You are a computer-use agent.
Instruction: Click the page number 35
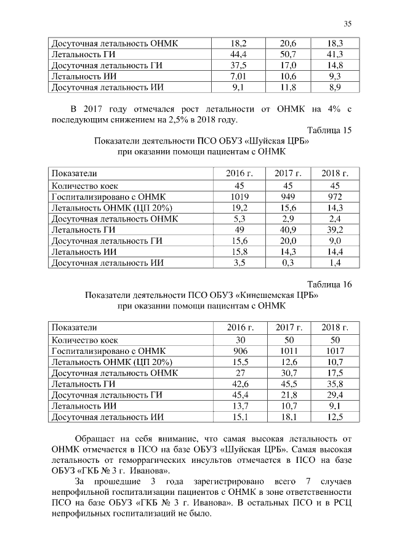tap(347, 24)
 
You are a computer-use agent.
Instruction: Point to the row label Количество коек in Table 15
tap(85, 185)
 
